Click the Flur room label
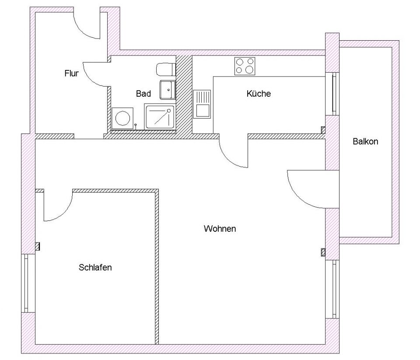click(x=71, y=73)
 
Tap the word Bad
click(x=143, y=94)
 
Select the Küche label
click(x=259, y=94)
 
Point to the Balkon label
click(x=365, y=142)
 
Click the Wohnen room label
click(x=220, y=228)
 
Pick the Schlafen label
click(x=95, y=267)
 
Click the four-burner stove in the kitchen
click(x=245, y=66)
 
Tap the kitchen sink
click(x=202, y=104)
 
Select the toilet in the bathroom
click(x=166, y=69)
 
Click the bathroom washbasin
click(x=167, y=90)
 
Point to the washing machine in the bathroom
click(x=122, y=118)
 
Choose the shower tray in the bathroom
click(x=159, y=117)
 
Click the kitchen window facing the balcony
click(x=334, y=94)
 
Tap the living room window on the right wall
click(x=334, y=289)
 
